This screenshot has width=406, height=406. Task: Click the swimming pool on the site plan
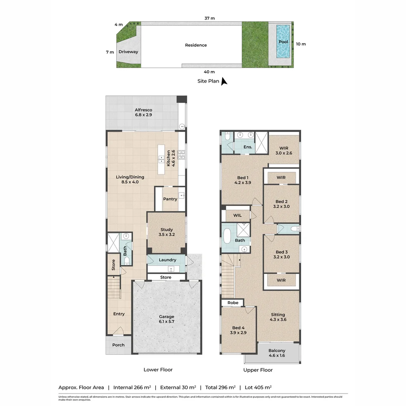283,41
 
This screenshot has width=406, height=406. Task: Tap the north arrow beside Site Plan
224,81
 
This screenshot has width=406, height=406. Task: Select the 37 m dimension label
209,18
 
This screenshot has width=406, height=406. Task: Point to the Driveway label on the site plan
128,52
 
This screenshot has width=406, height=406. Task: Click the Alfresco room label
143,112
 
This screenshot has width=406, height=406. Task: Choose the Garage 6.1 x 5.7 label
166,319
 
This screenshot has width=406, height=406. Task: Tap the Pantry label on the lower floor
170,199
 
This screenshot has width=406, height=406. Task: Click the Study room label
167,232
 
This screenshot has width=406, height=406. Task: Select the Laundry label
167,260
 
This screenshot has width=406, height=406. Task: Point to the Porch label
118,345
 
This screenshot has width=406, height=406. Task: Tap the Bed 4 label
238,330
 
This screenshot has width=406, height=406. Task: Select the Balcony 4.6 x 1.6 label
277,353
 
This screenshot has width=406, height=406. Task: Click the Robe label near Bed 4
233,302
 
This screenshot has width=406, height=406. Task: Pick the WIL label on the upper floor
237,215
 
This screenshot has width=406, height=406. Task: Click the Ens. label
248,147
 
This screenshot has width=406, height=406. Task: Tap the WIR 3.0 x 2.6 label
283,150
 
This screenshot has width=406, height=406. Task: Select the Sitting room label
278,317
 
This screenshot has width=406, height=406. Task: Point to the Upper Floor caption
258,370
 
